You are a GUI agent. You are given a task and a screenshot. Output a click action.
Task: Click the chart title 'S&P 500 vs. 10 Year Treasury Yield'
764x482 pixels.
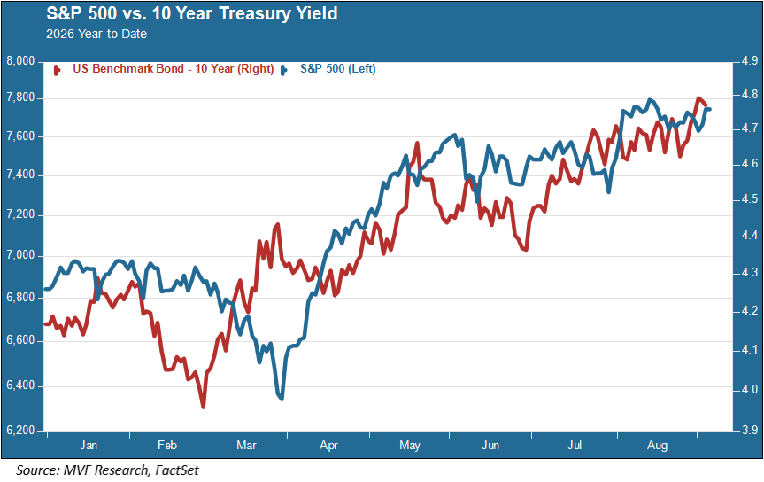click(192, 13)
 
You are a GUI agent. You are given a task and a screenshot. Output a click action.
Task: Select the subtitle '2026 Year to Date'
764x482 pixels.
click(96, 34)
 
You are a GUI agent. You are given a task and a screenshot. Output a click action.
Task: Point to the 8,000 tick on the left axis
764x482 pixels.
click(21, 61)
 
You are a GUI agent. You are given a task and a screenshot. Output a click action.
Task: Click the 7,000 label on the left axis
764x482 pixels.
click(21, 255)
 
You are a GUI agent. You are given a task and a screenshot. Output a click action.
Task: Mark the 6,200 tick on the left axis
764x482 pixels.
click(21, 431)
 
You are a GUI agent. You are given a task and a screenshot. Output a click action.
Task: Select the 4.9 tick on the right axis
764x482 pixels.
click(749, 61)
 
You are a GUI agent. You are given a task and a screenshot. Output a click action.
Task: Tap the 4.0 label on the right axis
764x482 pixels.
click(749, 389)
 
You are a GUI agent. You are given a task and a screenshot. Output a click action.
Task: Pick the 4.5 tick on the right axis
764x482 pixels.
click(749, 199)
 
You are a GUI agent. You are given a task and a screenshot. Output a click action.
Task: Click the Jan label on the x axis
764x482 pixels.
click(89, 446)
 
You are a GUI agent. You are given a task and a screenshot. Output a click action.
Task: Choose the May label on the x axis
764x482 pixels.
click(410, 446)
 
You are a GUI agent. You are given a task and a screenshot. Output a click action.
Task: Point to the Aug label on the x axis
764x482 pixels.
click(657, 446)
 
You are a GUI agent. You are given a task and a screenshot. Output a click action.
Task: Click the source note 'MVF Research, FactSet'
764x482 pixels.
click(131, 470)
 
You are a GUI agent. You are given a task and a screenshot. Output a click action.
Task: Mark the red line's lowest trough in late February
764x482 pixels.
click(204, 407)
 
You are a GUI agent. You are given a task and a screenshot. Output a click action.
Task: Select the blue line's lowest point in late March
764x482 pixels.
click(282, 400)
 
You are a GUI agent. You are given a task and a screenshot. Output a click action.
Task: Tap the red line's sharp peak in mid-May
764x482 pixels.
click(417, 143)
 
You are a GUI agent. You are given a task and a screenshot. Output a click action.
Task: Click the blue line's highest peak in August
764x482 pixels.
click(650, 100)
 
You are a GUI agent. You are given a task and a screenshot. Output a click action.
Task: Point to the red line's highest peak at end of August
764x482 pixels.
click(698, 98)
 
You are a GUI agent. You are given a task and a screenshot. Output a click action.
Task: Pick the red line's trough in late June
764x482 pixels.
click(526, 250)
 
